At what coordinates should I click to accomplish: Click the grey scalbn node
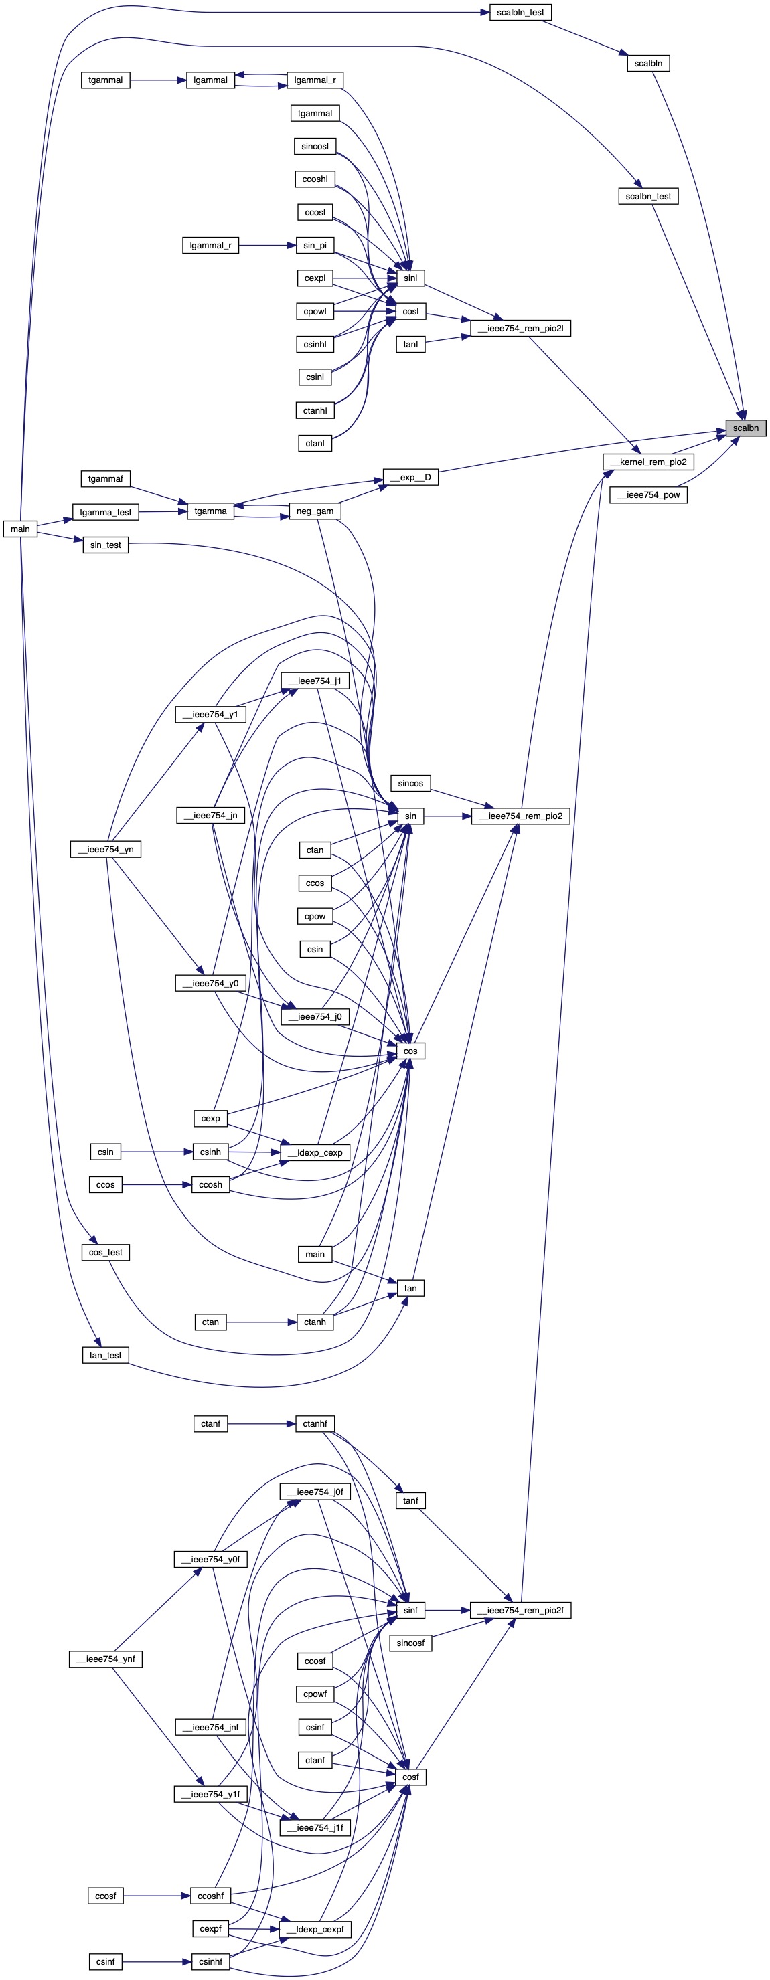[x=745, y=428]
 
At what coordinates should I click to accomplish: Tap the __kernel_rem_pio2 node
[x=647, y=462]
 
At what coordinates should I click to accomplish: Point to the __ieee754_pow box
[x=647, y=495]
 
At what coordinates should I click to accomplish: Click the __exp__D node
[x=410, y=477]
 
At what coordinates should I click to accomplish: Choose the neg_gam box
[x=315, y=511]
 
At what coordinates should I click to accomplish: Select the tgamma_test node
[x=105, y=512]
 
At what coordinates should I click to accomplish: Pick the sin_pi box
[x=315, y=245]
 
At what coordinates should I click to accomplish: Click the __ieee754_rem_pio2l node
[x=520, y=328]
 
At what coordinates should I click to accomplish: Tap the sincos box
[x=410, y=784]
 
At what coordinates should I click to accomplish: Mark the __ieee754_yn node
[x=105, y=849]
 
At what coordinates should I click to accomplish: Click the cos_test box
[x=105, y=1252]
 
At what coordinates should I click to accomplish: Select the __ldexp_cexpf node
[x=315, y=1929]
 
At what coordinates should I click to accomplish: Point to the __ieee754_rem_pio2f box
[x=520, y=1610]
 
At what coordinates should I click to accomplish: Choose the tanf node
[x=410, y=1500]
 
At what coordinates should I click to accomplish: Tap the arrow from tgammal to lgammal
[x=158, y=79]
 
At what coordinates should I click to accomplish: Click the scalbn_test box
[x=647, y=197]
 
